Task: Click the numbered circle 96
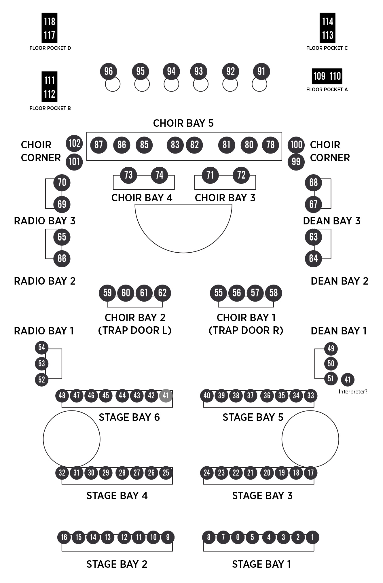click(x=108, y=71)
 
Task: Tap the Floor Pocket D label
click(x=50, y=48)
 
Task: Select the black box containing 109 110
click(x=327, y=76)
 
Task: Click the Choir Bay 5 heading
click(x=183, y=123)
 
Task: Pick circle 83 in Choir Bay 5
click(x=175, y=145)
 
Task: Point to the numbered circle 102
click(x=74, y=143)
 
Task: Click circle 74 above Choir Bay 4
click(x=159, y=175)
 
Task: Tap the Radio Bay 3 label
click(x=45, y=221)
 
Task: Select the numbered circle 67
click(x=313, y=204)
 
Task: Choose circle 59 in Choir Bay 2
click(x=107, y=293)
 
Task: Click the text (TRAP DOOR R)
click(x=246, y=330)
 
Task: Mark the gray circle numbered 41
click(x=166, y=396)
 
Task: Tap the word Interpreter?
click(x=353, y=392)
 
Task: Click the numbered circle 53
click(x=42, y=364)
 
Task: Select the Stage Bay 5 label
click(x=253, y=417)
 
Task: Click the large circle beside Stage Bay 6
click(x=72, y=439)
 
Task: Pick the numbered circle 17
click(x=310, y=473)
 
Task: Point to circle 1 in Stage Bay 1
click(x=312, y=537)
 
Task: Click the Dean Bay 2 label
click(x=340, y=281)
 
